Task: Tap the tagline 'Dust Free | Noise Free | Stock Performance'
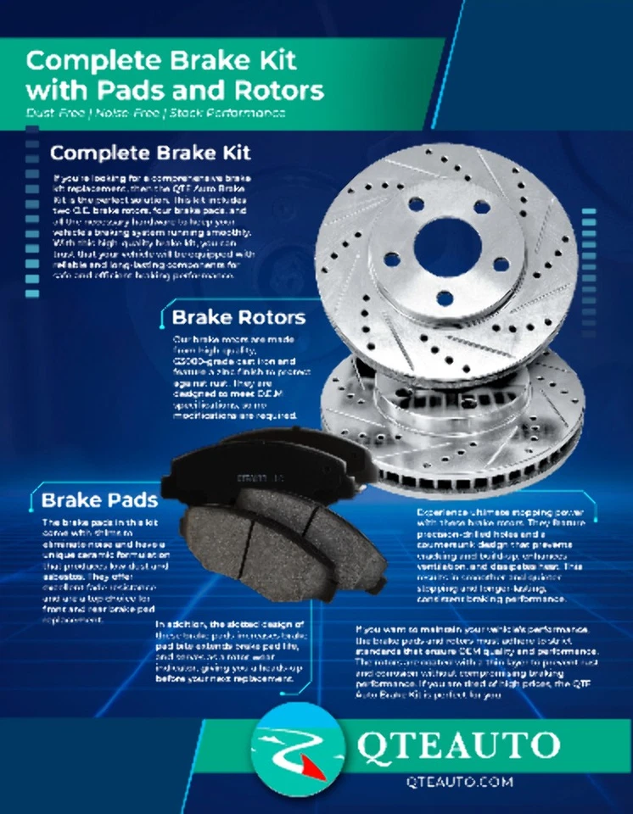point(155,113)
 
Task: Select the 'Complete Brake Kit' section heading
point(150,154)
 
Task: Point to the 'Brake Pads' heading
point(93,499)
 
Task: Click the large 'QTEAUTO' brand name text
point(457,745)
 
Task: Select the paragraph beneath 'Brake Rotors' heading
point(229,377)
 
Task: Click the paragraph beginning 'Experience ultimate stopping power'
point(501,555)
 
